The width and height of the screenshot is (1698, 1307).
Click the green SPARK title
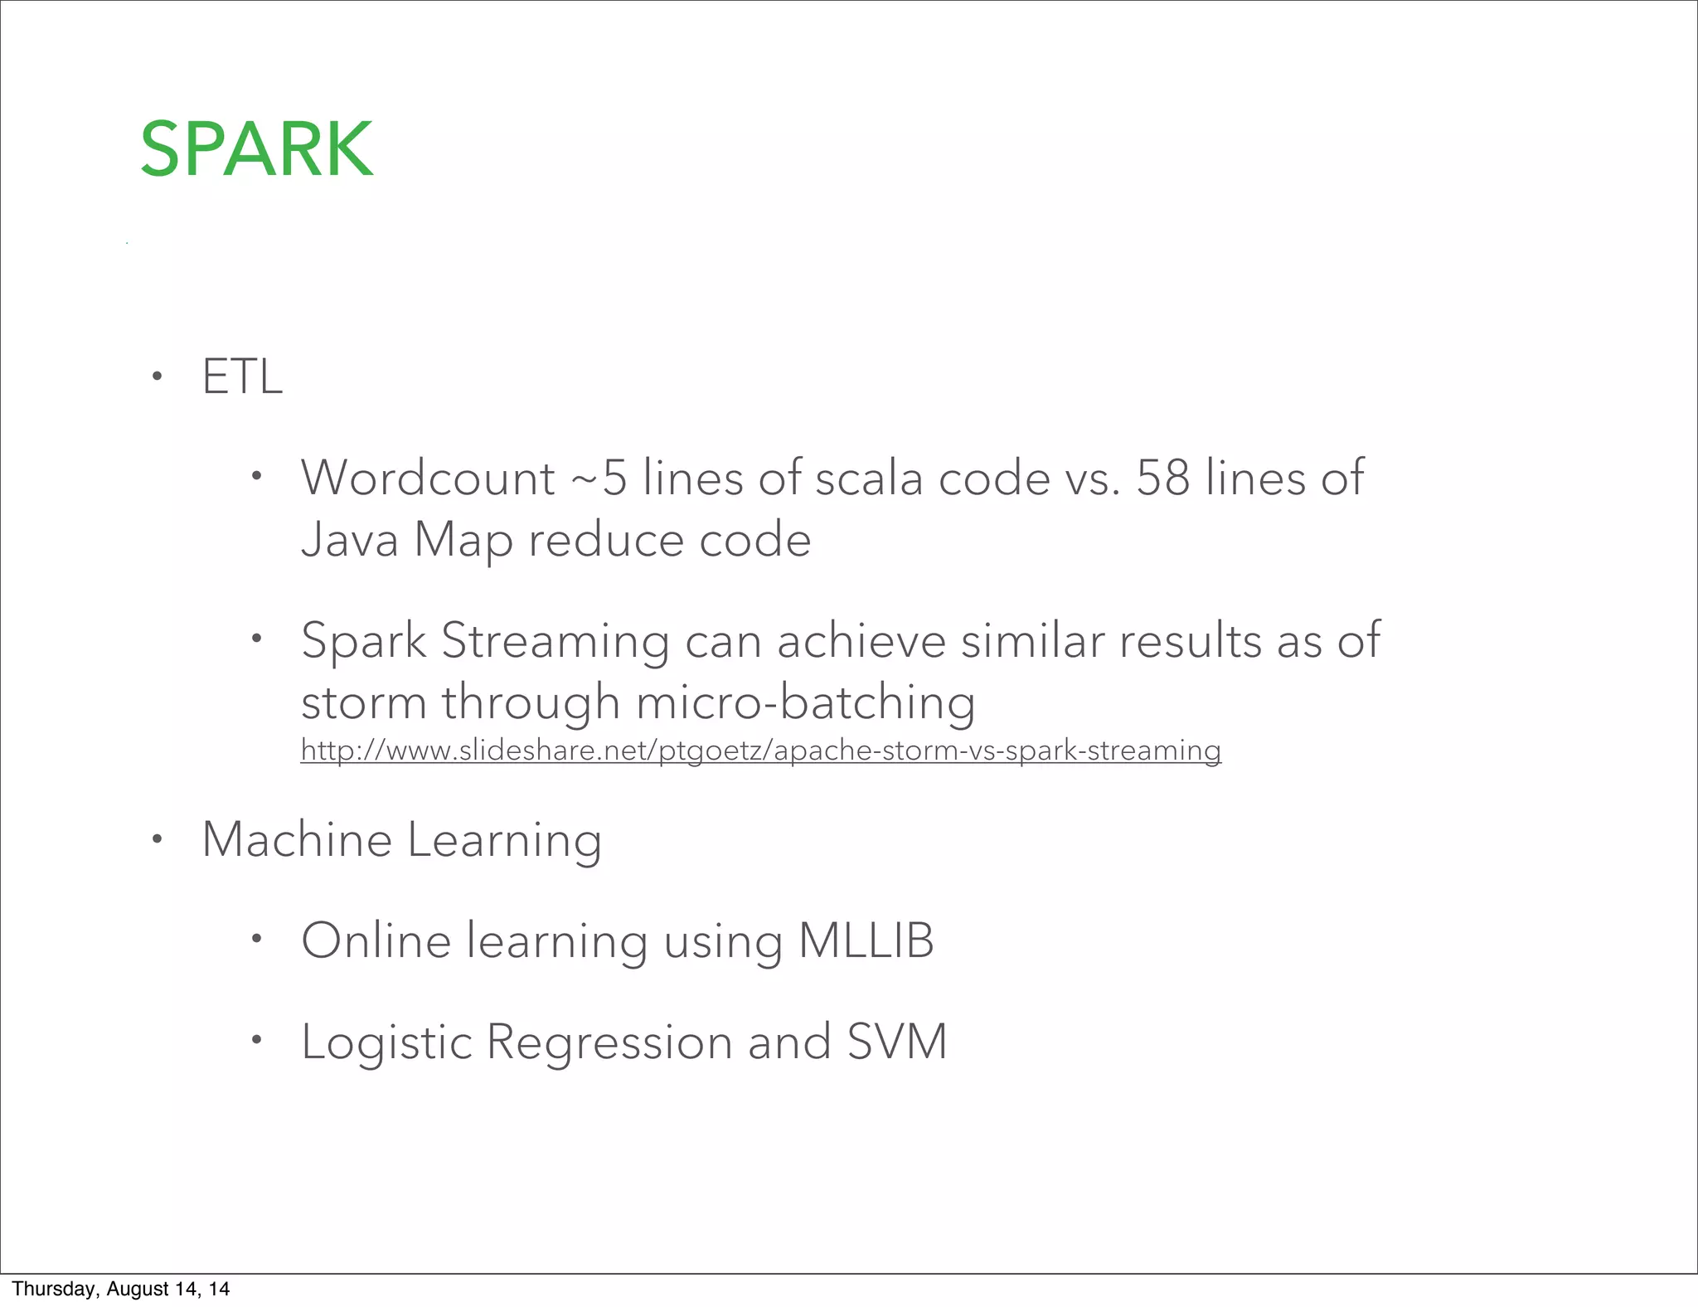[256, 149]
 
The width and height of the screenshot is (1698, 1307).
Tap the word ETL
[242, 377]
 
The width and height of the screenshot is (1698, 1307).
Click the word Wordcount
[428, 479]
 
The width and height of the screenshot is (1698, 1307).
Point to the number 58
[1163, 479]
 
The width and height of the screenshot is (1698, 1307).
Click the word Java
[349, 540]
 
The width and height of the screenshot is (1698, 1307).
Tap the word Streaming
[555, 641]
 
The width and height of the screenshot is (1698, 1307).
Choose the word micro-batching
[805, 702]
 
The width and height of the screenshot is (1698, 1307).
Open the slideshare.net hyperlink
[760, 751]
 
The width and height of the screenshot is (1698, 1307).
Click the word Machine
[297, 839]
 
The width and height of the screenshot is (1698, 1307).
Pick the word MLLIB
[866, 940]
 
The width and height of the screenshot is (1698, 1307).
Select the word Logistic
[386, 1042]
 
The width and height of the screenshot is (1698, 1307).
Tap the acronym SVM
[897, 1042]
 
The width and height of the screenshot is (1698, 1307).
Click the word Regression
[609, 1042]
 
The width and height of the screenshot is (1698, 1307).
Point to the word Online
[376, 940]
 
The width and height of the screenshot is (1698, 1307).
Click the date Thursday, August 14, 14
[121, 1289]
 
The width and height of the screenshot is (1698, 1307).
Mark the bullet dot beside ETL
[157, 378]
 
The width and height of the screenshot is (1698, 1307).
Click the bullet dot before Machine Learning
[157, 840]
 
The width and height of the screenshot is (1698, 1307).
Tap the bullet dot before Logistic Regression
[257, 1040]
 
